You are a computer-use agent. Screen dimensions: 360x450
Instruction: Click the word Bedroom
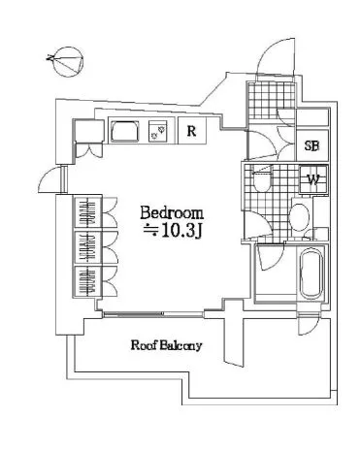click(172, 213)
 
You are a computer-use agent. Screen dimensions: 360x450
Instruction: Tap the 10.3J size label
click(173, 230)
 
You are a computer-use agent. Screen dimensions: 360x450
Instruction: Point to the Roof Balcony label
click(166, 345)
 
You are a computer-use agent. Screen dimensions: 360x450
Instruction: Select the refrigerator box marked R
click(192, 131)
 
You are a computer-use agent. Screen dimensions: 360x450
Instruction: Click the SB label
click(312, 145)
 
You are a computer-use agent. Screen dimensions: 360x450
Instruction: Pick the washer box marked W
click(313, 179)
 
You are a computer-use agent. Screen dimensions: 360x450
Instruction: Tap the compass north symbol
click(66, 62)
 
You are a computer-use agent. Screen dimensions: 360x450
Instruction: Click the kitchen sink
click(124, 131)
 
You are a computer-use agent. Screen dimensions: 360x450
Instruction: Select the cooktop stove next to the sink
click(158, 131)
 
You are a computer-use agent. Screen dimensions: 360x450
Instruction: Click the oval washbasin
click(299, 216)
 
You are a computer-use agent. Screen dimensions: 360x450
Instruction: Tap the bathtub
click(311, 273)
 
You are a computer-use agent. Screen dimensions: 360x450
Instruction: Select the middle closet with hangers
click(87, 247)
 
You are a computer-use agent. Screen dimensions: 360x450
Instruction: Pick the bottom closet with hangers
click(87, 281)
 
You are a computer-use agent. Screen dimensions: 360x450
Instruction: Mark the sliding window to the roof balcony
click(153, 313)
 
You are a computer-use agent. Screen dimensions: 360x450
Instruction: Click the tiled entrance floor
click(272, 100)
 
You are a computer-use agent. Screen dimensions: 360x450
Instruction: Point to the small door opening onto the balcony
click(308, 325)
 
